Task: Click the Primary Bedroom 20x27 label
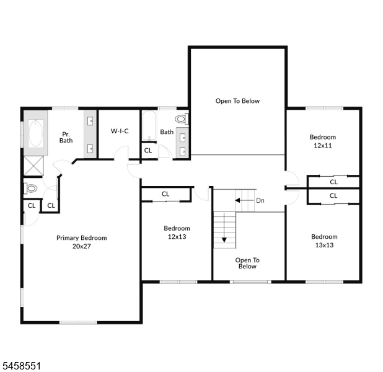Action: (x=82, y=242)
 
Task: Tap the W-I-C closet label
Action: (x=120, y=131)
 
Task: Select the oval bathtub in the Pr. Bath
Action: (x=36, y=133)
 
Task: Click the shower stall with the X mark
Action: (x=33, y=166)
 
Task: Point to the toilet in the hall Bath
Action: (x=182, y=119)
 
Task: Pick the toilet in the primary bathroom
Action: (x=30, y=188)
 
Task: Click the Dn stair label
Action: (x=260, y=200)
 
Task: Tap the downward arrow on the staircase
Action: (x=224, y=228)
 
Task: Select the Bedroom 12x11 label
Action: (x=323, y=141)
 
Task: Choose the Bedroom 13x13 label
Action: (x=324, y=241)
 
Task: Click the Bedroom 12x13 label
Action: (x=177, y=232)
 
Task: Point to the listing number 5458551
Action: (x=22, y=366)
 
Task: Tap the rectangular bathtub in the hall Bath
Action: (x=149, y=126)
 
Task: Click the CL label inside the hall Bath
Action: (x=148, y=150)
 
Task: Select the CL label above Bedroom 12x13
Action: (x=165, y=194)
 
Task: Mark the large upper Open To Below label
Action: (x=237, y=101)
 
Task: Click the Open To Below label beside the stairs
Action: (x=247, y=263)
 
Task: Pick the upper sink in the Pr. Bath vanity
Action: (x=90, y=121)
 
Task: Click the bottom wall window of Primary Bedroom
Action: (x=79, y=322)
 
